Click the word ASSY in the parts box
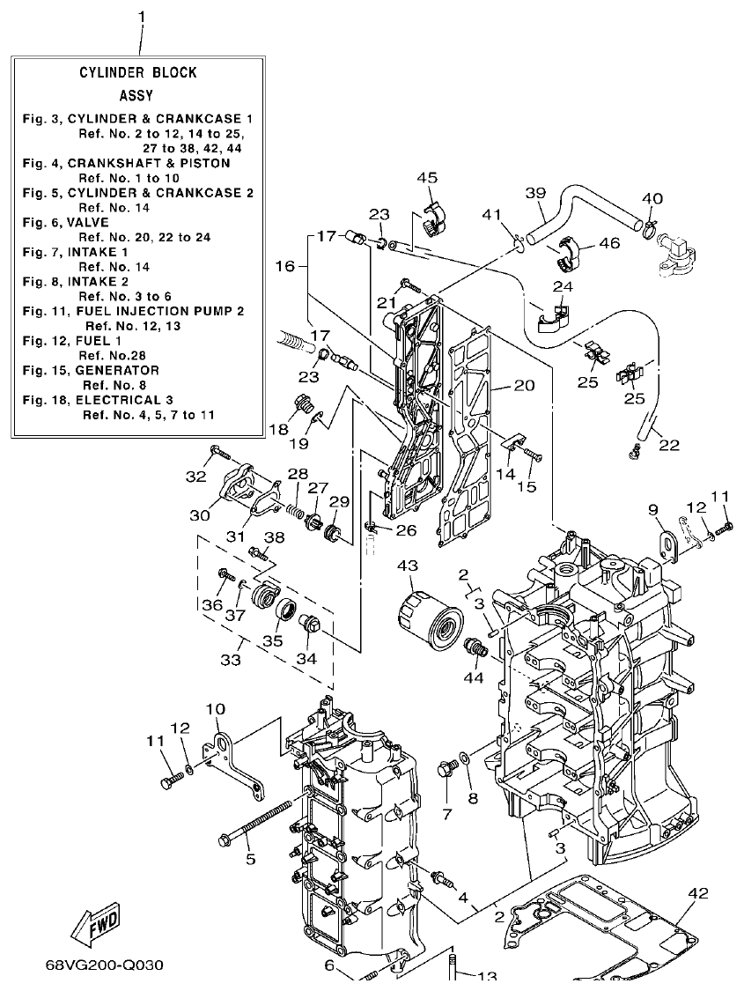(x=136, y=95)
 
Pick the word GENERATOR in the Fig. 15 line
(x=117, y=370)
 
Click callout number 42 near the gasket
(x=696, y=893)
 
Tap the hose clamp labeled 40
(x=650, y=230)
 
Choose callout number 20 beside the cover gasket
(x=524, y=385)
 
